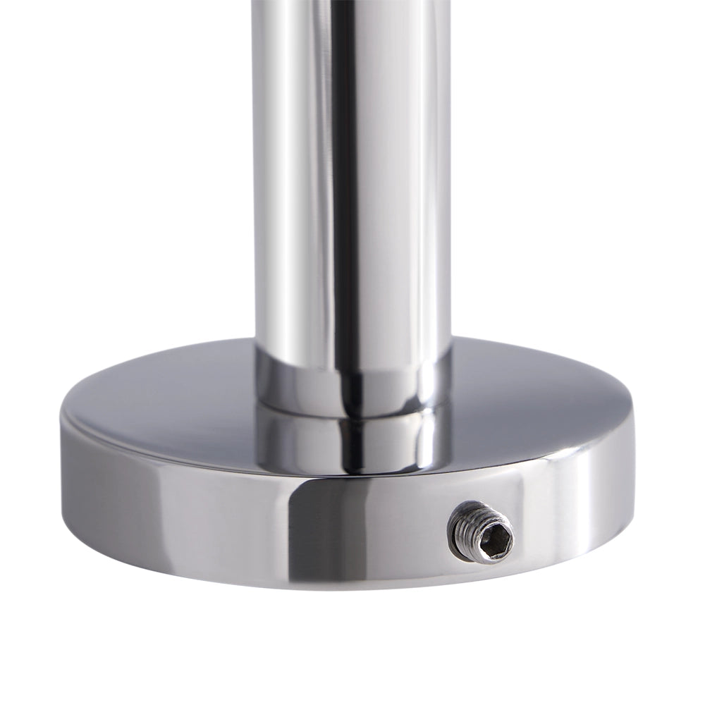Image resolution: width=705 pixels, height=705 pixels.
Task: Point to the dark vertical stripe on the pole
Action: [x=345, y=176]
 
